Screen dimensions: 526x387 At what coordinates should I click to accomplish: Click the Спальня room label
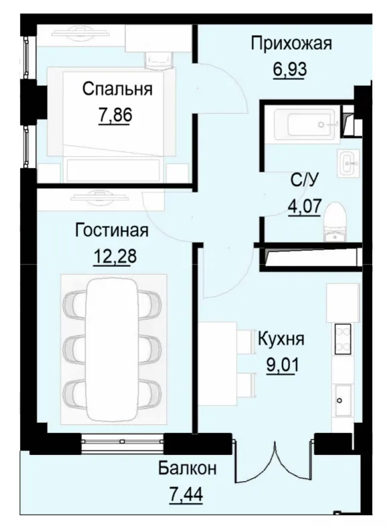pos(118,88)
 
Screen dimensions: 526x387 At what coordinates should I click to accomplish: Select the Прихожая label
pos(291,44)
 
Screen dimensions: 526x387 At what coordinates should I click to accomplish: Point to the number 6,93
pos(289,68)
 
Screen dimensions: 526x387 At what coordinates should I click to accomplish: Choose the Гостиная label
pos(112,231)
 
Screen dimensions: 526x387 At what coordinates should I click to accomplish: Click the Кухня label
pos(281,339)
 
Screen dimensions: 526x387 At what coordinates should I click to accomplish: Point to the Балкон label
pos(187,468)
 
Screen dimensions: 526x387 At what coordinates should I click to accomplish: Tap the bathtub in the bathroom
pos(305,125)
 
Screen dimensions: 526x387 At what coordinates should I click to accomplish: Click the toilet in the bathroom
pos(333,221)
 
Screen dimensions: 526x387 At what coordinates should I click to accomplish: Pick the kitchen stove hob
pos(343,339)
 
